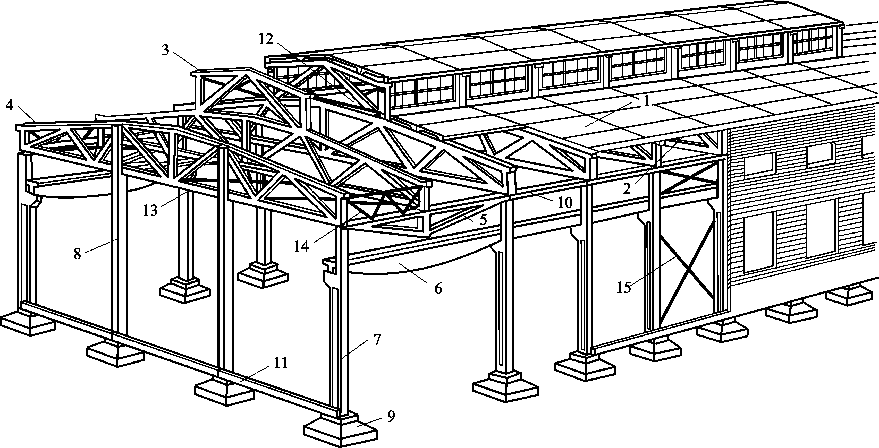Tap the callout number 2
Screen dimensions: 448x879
pos(627,188)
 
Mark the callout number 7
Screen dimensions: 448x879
pos(376,340)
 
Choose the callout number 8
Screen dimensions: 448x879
pos(78,254)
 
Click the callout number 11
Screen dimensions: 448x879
pos(281,364)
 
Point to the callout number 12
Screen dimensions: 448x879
pos(266,40)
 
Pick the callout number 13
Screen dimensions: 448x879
pos(150,210)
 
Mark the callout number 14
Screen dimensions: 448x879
pos(302,246)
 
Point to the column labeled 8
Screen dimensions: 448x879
pos(120,239)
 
